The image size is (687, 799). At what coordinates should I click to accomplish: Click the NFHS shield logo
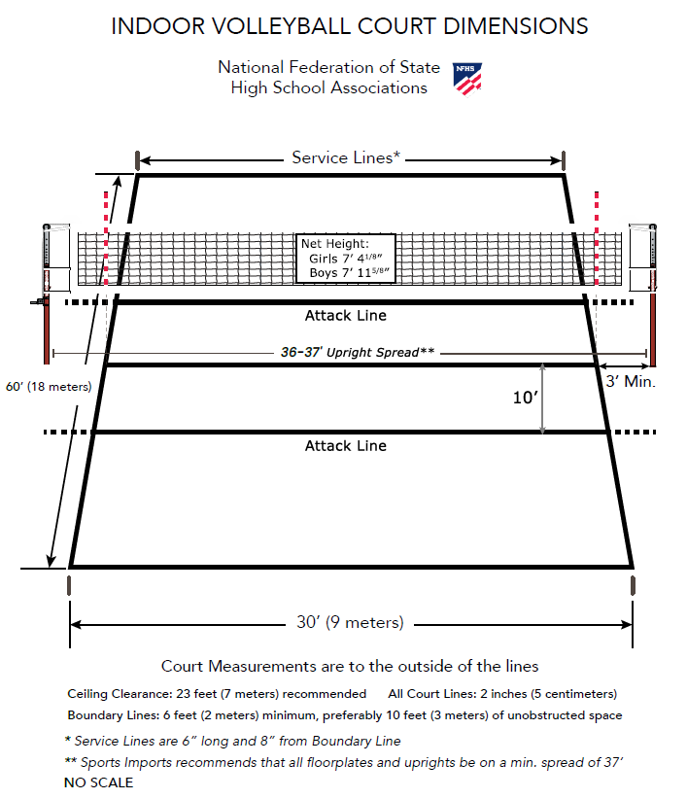(x=467, y=78)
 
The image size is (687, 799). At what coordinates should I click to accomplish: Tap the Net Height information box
(x=346, y=258)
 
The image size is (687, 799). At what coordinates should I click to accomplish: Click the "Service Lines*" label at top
(x=347, y=157)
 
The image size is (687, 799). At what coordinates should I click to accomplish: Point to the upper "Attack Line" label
(x=346, y=316)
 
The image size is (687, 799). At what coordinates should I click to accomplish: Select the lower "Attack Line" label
(x=346, y=446)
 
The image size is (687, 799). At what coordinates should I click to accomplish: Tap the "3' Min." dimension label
(x=630, y=382)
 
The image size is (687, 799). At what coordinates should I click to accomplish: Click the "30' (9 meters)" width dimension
(x=351, y=623)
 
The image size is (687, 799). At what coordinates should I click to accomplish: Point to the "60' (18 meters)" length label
(x=48, y=386)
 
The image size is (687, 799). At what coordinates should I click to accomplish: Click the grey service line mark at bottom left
(x=69, y=586)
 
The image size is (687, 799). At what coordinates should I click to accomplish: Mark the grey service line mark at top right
(x=565, y=158)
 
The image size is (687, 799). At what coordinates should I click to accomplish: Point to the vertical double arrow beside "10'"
(x=543, y=399)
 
